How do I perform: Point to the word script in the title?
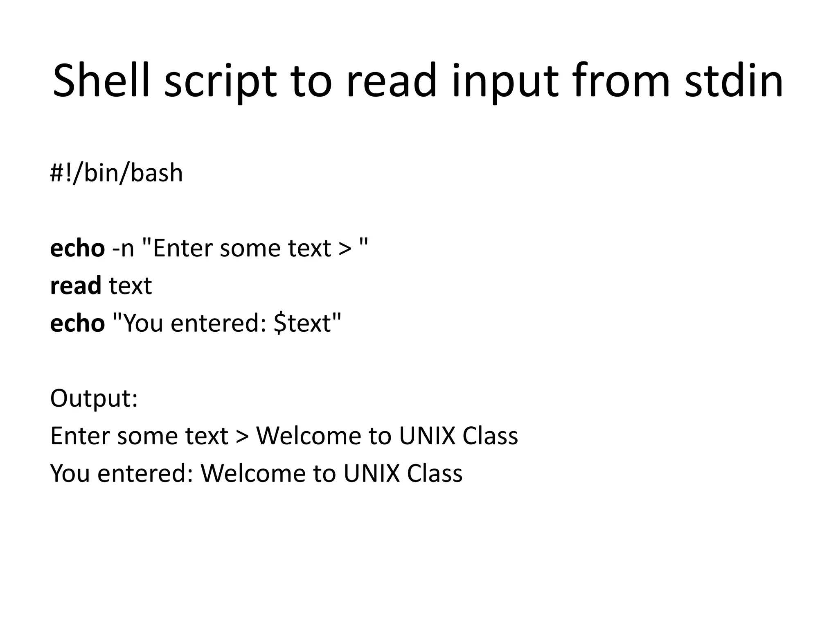pyautogui.click(x=221, y=81)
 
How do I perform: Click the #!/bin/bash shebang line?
pyautogui.click(x=116, y=173)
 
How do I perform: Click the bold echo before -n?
pyautogui.click(x=77, y=249)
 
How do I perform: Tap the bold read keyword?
pyautogui.click(x=75, y=286)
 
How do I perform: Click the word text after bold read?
pyautogui.click(x=131, y=286)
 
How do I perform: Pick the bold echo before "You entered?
pyautogui.click(x=77, y=324)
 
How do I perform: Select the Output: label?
pyautogui.click(x=94, y=398)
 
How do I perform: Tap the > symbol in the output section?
pyautogui.click(x=242, y=437)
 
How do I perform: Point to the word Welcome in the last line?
pyautogui.click(x=253, y=474)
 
